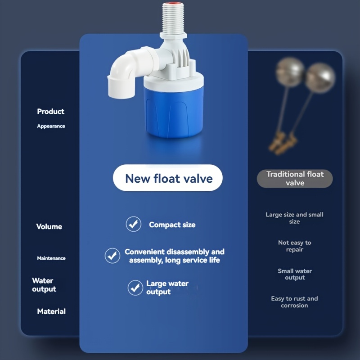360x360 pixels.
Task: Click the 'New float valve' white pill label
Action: coord(167,178)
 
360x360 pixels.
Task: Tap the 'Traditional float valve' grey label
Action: coord(295,179)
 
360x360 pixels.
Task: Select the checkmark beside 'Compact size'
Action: coord(133,224)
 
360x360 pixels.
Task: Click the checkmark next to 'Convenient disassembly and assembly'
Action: coord(112,256)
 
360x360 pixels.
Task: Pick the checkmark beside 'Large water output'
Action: coord(135,288)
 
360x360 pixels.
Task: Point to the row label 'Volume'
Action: coord(49,227)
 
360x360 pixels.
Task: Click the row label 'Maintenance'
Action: coord(51,258)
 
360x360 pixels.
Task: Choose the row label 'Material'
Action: coord(51,311)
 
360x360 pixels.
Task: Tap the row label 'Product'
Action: coord(51,111)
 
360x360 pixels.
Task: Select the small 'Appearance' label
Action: coord(51,126)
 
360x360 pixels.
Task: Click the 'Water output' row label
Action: coord(44,285)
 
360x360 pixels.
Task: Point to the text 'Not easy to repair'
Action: coord(295,246)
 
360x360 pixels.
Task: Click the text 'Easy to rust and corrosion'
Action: coord(294,302)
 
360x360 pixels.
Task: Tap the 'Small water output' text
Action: coord(295,274)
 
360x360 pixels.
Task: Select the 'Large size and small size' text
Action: coord(294,218)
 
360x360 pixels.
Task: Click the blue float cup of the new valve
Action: coord(174,112)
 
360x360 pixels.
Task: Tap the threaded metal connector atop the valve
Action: coord(173,19)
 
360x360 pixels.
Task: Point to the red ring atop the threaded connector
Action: coord(173,4)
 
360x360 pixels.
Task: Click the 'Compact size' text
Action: coord(172,225)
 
